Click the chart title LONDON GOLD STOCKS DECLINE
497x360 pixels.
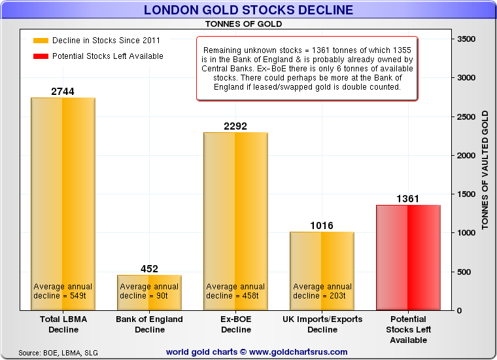[x=248, y=10]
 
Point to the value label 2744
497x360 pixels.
[x=63, y=92]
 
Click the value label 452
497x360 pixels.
[x=149, y=269]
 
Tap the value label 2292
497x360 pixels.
[x=235, y=126]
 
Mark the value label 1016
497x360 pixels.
[x=322, y=226]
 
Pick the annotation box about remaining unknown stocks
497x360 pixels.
[x=307, y=68]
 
